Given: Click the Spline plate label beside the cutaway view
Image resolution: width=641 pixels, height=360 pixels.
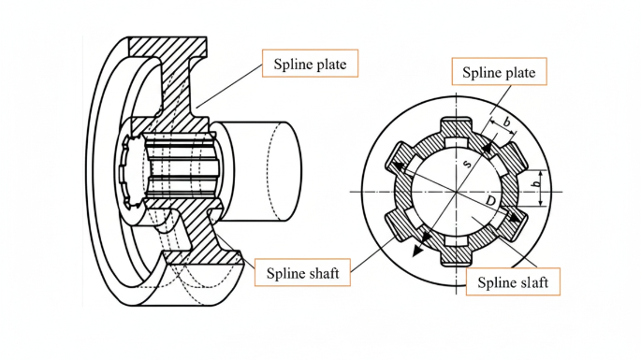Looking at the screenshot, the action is coord(310,64).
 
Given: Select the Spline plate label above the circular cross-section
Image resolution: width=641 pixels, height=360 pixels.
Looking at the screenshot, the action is coord(499,72).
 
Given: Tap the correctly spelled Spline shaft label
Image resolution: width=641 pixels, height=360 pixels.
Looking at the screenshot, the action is coord(302,272).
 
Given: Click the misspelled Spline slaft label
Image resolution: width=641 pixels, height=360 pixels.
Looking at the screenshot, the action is coord(513,282).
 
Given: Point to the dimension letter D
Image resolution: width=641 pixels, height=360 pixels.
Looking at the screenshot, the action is coord(490,201).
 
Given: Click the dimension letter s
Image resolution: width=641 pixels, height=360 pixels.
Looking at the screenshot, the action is coord(467,164).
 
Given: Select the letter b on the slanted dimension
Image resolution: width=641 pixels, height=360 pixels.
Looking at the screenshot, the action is coord(506,122).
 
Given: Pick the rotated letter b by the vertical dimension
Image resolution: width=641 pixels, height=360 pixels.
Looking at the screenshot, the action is coord(536,184).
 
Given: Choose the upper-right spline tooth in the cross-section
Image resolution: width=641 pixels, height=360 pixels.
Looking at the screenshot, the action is coord(513,159).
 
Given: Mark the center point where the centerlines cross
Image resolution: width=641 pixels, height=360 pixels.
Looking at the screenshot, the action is coord(457,192).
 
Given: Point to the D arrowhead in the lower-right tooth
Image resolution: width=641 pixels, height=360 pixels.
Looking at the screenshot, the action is coord(516,218).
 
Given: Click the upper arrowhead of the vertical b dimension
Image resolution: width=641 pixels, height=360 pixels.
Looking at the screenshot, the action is coord(541,173).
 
